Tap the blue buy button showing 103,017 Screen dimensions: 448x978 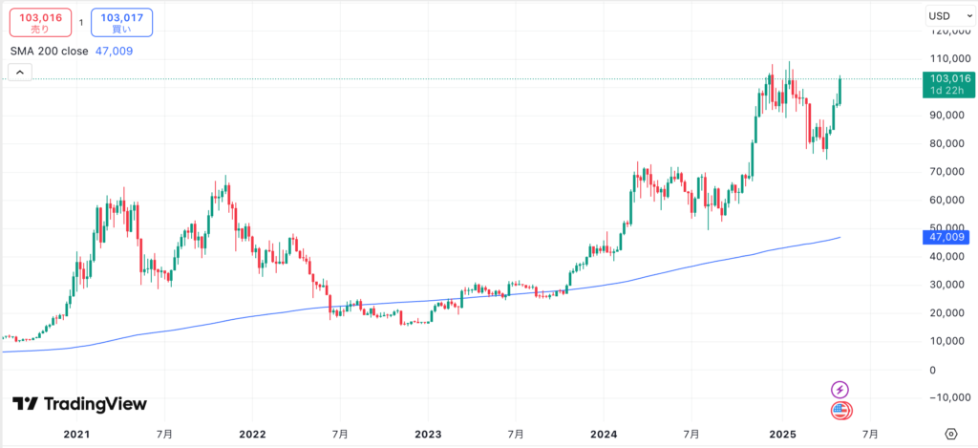coord(121,22)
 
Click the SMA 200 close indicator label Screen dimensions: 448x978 coord(49,52)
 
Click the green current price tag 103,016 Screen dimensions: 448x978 coord(948,83)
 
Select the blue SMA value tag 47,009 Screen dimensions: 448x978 coord(947,236)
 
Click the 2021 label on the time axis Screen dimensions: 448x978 coord(76,434)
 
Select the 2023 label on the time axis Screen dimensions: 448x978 coord(427,434)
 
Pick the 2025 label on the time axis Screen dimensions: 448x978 coord(781,434)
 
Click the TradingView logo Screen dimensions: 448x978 coord(80,404)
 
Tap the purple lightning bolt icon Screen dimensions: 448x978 coord(840,389)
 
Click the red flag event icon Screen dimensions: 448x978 coord(840,411)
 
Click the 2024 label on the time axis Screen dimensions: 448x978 coord(605,434)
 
